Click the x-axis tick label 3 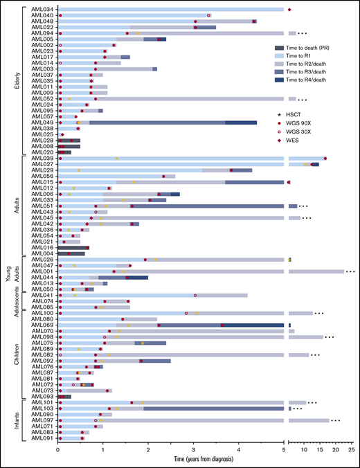click(194, 449)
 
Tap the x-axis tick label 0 click(59, 449)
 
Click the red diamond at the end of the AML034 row click(289, 9)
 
